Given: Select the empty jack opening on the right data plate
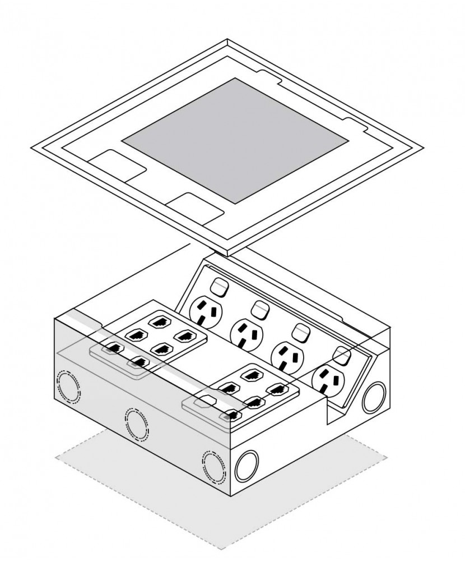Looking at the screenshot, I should (206, 402).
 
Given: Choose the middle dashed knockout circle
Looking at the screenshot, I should (137, 424).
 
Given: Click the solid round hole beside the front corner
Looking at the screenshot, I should (247, 465).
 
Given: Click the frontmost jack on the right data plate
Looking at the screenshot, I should (230, 416).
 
